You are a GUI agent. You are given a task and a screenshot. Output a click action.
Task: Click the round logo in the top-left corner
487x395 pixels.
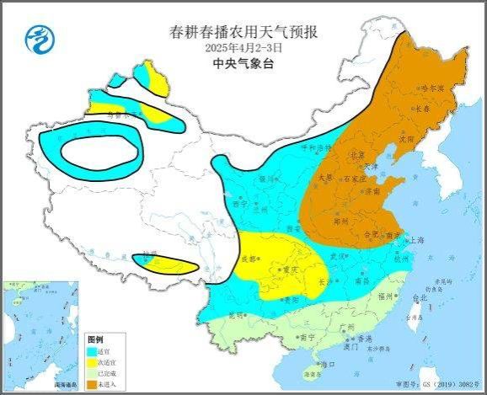(37, 38)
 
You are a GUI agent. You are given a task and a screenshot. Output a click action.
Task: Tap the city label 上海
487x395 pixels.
(414, 240)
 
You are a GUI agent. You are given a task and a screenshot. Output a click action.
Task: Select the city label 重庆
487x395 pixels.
(292, 270)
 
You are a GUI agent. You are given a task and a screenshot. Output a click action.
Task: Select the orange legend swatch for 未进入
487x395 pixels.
(93, 383)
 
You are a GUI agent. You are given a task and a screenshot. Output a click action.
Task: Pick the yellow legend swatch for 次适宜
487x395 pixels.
(93, 363)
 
